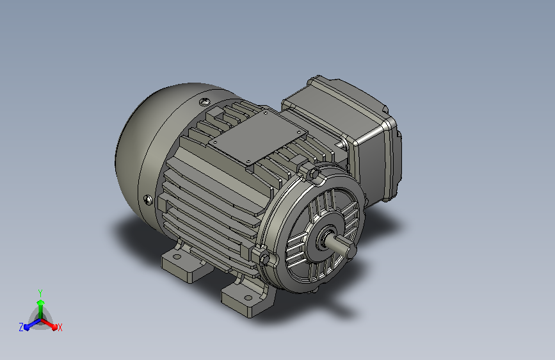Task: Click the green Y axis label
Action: (40, 293)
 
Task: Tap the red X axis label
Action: (60, 327)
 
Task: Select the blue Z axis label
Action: (21, 327)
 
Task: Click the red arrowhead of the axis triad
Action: (54, 327)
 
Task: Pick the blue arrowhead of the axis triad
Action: (26, 328)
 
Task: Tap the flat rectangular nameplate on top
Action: (258, 136)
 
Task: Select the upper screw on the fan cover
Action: (204, 102)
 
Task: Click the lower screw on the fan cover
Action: (149, 200)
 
